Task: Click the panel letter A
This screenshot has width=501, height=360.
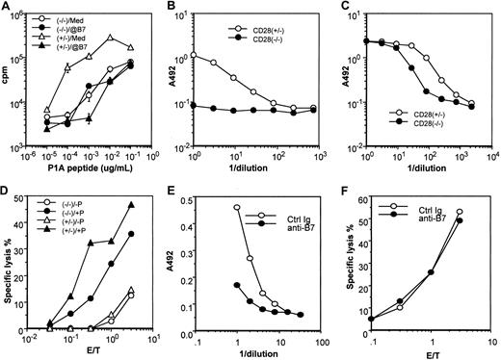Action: [x=7, y=7]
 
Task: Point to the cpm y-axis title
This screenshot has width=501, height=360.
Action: [x=9, y=81]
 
